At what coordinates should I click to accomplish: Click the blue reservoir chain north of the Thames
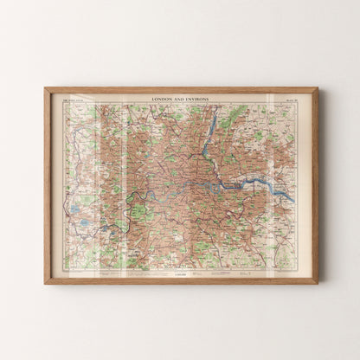[x=207, y=138]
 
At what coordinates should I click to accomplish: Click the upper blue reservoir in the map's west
[x=74, y=208]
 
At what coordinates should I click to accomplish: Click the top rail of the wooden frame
[x=181, y=89]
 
